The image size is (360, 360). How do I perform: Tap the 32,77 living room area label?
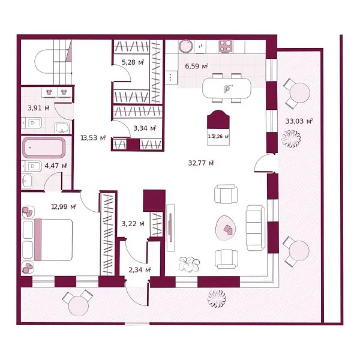[202, 162]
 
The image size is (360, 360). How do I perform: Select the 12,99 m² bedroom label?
[64, 206]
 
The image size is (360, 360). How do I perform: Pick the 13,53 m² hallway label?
[93, 137]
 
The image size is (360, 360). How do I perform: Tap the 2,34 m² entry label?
[140, 270]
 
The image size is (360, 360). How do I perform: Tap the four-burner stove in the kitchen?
[226, 46]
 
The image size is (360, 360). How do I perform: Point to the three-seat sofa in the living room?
[254, 227]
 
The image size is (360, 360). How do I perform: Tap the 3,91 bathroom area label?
[38, 109]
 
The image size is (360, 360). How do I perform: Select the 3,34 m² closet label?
[145, 128]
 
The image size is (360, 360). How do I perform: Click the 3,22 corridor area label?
[133, 224]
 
